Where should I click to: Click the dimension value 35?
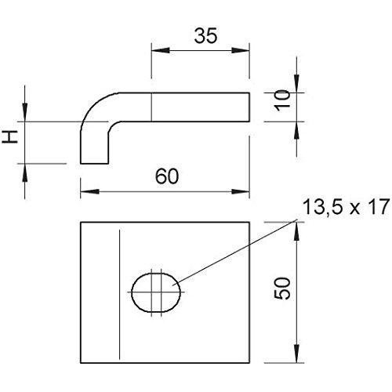tap(205, 36)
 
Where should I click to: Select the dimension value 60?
tap(167, 176)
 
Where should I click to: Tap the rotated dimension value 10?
tap(283, 100)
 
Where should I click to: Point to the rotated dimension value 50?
tap(282, 289)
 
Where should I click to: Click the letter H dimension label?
tap(9, 137)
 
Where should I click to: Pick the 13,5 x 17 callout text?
tap(346, 207)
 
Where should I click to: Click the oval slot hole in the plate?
tap(156, 292)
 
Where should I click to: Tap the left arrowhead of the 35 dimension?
tap(161, 50)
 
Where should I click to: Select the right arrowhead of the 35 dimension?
tap(241, 50)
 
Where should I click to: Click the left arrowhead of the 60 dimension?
tap(89, 191)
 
